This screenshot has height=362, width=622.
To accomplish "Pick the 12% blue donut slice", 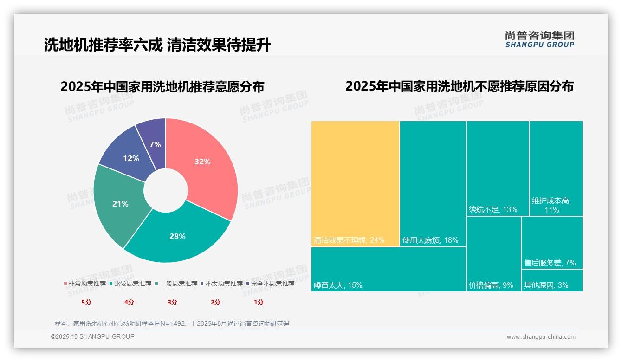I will pyautogui.click(x=130, y=158).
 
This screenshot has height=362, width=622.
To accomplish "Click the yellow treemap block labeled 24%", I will pyautogui.click(x=355, y=183).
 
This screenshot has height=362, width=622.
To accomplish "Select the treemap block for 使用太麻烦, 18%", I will pyautogui.click(x=433, y=183).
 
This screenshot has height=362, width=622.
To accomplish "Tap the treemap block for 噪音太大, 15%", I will pyautogui.click(x=388, y=269).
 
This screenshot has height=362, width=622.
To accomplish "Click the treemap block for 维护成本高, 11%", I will pyautogui.click(x=556, y=168).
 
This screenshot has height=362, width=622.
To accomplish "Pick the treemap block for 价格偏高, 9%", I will pyautogui.click(x=493, y=254).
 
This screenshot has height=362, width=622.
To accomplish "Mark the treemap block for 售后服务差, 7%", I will pyautogui.click(x=552, y=242).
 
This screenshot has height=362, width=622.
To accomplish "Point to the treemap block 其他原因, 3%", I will pyautogui.click(x=552, y=281).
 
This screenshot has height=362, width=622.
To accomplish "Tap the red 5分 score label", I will pyautogui.click(x=86, y=302).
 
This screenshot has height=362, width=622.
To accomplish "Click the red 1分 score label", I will pyautogui.click(x=259, y=302).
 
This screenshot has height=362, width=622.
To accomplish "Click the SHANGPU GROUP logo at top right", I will pyautogui.click(x=539, y=39).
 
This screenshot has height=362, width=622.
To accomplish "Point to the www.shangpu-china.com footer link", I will pyautogui.click(x=541, y=337).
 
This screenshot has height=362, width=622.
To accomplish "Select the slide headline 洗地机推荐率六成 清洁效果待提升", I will pyautogui.click(x=157, y=45).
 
